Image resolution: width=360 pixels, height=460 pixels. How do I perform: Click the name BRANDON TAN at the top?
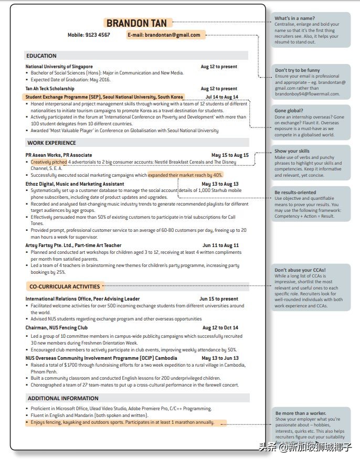(x=136, y=23)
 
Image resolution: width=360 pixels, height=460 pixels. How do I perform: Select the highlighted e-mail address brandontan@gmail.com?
(x=164, y=35)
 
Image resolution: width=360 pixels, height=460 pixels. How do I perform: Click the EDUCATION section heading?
(x=41, y=56)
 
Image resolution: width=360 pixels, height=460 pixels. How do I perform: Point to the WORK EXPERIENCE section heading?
(x=52, y=143)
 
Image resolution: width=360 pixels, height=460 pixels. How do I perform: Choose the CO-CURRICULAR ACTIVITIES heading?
(x=65, y=286)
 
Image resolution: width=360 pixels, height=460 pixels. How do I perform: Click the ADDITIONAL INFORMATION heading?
(x=63, y=398)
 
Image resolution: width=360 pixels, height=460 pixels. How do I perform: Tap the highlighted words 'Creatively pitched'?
(x=49, y=162)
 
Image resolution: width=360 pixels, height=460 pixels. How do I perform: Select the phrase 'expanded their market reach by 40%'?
(x=185, y=175)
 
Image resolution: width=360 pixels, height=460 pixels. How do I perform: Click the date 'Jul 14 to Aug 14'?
(x=221, y=97)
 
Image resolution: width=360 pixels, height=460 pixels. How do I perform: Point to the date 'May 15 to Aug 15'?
(x=230, y=155)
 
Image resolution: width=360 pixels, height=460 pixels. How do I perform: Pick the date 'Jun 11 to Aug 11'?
(x=220, y=245)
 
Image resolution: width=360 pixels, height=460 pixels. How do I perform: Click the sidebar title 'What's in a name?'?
(x=294, y=18)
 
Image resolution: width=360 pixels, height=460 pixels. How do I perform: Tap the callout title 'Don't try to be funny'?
(x=298, y=70)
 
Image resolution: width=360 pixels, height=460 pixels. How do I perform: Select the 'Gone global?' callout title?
(x=289, y=111)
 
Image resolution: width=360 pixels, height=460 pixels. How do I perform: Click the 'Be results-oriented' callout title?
(x=295, y=192)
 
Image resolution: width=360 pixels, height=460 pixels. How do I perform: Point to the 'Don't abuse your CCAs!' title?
(x=300, y=271)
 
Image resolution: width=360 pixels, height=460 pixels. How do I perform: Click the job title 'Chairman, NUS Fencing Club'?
(x=57, y=328)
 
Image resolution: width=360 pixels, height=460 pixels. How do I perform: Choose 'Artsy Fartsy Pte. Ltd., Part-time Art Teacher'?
(x=73, y=245)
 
